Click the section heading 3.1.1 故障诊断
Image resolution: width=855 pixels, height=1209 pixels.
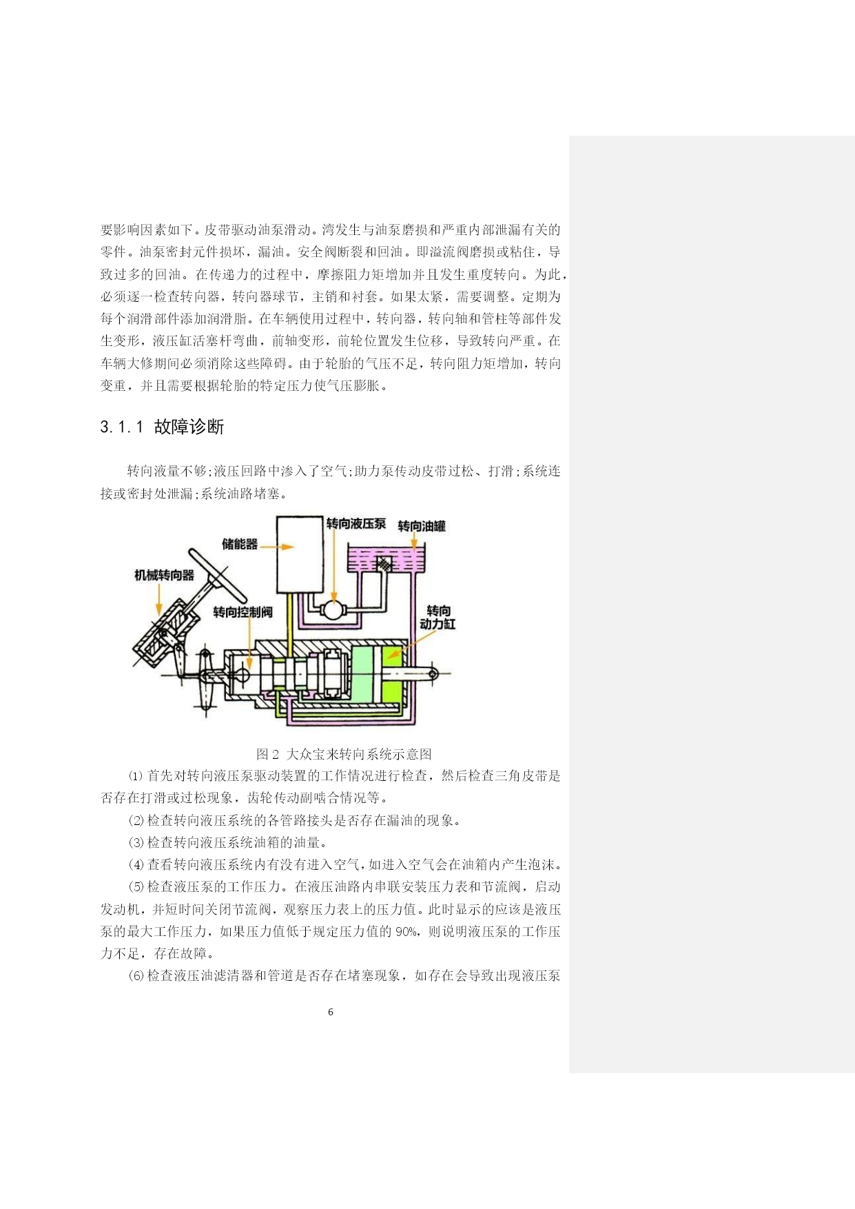click(162, 427)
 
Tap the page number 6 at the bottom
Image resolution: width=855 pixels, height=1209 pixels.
click(331, 1012)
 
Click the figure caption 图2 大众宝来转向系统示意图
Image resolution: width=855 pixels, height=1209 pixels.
click(344, 754)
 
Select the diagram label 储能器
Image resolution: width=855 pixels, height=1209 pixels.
click(240, 545)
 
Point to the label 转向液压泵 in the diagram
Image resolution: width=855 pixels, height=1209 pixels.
click(356, 524)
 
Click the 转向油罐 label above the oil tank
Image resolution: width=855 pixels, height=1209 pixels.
click(422, 526)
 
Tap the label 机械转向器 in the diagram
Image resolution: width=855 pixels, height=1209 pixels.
click(164, 575)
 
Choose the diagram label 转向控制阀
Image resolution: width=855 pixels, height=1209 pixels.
click(243, 612)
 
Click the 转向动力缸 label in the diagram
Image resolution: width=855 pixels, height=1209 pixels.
click(438, 618)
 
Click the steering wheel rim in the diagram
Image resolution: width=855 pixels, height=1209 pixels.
click(218, 573)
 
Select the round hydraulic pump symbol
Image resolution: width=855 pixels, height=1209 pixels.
click(334, 611)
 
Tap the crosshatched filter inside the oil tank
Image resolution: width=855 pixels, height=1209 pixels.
click(384, 563)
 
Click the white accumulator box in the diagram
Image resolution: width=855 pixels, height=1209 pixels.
click(300, 554)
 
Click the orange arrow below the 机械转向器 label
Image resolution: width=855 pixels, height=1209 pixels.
click(159, 598)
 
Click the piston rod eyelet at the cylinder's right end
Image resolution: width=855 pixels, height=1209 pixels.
click(433, 673)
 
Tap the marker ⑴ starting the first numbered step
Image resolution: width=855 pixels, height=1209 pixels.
click(136, 776)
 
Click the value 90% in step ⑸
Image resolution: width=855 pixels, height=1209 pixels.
click(406, 932)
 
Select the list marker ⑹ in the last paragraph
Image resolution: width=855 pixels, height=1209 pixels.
click(136, 976)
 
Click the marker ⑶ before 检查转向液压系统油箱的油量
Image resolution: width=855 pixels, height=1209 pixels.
click(136, 843)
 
